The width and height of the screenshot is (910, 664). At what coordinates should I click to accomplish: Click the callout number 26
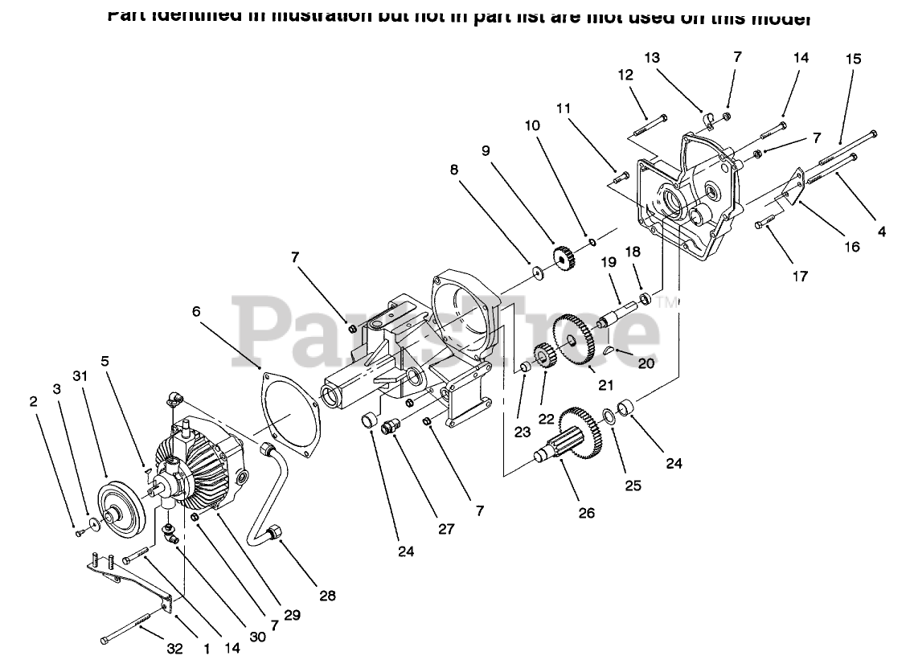coord(586,512)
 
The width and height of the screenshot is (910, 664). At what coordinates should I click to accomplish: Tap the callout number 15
coord(853,59)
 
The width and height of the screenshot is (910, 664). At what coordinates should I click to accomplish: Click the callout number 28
coord(327,596)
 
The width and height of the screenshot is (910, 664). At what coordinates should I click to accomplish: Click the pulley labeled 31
coord(120,506)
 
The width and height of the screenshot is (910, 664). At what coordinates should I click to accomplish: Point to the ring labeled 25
coord(609,416)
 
